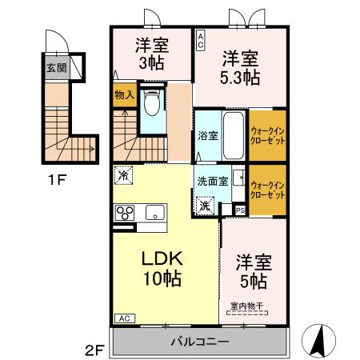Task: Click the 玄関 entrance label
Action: pyautogui.click(x=57, y=68)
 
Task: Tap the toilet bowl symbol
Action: pyautogui.click(x=152, y=101)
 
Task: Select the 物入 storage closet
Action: pyautogui.click(x=125, y=95)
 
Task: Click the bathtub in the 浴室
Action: pyautogui.click(x=234, y=135)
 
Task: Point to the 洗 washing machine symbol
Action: pyautogui.click(x=206, y=206)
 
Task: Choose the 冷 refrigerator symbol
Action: pyautogui.click(x=123, y=175)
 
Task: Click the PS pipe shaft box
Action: pyautogui.click(x=240, y=210)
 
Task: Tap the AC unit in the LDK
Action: pyautogui.click(x=125, y=318)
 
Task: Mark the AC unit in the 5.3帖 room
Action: pyautogui.click(x=201, y=40)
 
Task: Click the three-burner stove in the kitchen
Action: pyautogui.click(x=125, y=213)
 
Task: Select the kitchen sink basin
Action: pyautogui.click(x=155, y=213)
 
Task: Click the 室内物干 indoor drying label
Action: pyautogui.click(x=247, y=306)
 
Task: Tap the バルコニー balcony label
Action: pyautogui.click(x=200, y=342)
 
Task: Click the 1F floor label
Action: pyautogui.click(x=57, y=180)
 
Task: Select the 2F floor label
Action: pyautogui.click(x=94, y=350)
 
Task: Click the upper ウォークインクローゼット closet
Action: pyautogui.click(x=267, y=135)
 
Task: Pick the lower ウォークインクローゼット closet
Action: pyautogui.click(x=267, y=190)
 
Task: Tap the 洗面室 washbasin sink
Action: pyautogui.click(x=238, y=177)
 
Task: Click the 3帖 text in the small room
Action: pyautogui.click(x=151, y=64)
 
